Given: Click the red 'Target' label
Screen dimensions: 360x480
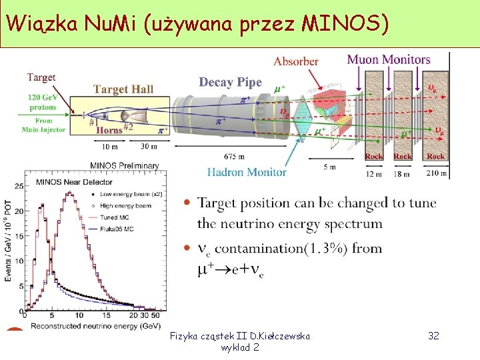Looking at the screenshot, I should [x=41, y=77].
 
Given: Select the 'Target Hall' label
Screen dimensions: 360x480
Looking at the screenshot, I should [x=123, y=89].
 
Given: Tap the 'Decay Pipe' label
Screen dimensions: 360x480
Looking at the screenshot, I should [x=231, y=82].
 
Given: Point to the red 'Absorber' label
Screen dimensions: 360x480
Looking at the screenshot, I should [x=296, y=61].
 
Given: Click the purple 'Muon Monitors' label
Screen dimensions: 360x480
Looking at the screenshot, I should [x=389, y=59].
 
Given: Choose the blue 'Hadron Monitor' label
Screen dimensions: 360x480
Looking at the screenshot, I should [x=247, y=172].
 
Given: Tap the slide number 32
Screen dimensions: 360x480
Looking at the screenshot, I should [x=433, y=335].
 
